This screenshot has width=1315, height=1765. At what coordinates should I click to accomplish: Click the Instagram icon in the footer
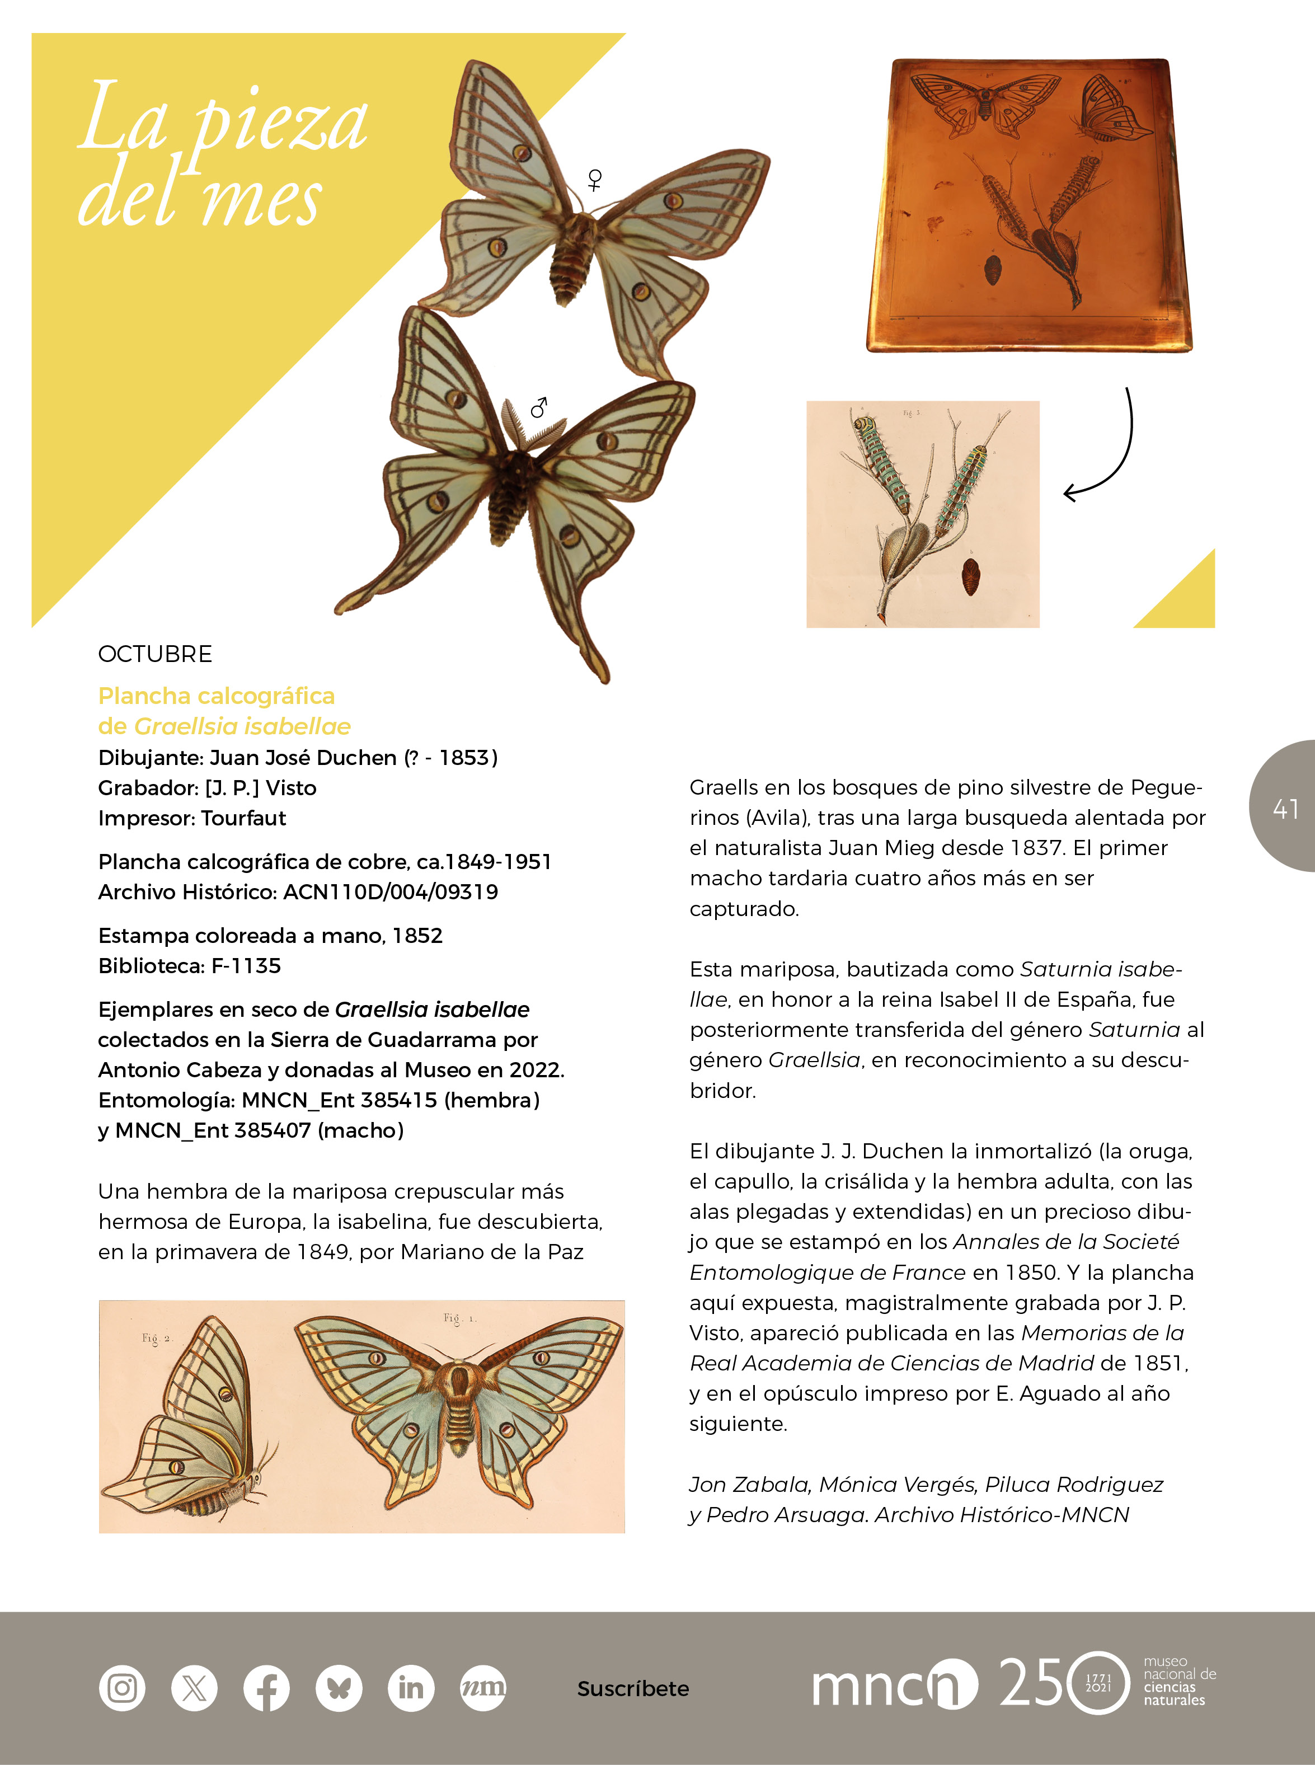[x=122, y=1687]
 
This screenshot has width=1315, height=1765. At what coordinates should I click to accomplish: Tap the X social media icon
[x=194, y=1687]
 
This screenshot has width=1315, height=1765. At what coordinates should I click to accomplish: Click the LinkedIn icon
[x=411, y=1687]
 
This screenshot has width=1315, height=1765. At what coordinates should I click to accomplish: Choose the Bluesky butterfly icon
[x=339, y=1687]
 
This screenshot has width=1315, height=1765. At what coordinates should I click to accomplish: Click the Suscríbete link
[x=633, y=1688]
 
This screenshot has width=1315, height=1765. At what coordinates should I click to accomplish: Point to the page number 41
[x=1285, y=808]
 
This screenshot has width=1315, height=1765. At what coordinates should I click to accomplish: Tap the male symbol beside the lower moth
[x=539, y=407]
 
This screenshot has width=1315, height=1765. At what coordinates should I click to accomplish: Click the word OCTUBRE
[x=155, y=654]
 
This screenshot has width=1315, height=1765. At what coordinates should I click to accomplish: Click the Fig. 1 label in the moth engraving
[x=459, y=1318]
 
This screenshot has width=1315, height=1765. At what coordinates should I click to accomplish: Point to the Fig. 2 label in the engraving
[x=157, y=1338]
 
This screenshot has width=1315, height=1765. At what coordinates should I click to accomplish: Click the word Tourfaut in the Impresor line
[x=243, y=818]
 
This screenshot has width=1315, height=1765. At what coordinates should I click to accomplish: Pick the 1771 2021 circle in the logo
[x=1098, y=1682]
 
